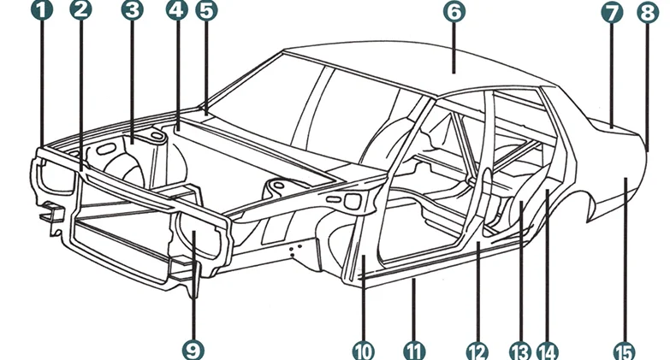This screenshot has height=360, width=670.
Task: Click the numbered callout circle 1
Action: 42,9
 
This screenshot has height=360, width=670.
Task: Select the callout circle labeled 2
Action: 80,9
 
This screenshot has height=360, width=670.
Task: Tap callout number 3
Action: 132,9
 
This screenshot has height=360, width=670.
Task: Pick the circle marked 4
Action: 177,9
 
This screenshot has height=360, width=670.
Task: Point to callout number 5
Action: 206,10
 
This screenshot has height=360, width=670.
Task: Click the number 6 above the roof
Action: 454,11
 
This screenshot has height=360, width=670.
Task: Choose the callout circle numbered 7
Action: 612,13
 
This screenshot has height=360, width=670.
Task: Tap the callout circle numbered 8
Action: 648,13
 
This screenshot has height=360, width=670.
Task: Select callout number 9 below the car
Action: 193,351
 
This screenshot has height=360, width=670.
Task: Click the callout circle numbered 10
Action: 363,352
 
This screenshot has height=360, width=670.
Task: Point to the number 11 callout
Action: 414,352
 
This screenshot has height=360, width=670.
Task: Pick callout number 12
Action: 477,352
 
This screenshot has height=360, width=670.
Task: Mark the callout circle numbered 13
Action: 520,352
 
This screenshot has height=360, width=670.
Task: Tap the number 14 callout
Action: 548,352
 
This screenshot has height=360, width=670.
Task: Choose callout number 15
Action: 625,352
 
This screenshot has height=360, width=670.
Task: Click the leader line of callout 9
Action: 193,286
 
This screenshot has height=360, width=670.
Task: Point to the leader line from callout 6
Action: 454,48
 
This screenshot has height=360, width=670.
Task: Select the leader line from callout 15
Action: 625,260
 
